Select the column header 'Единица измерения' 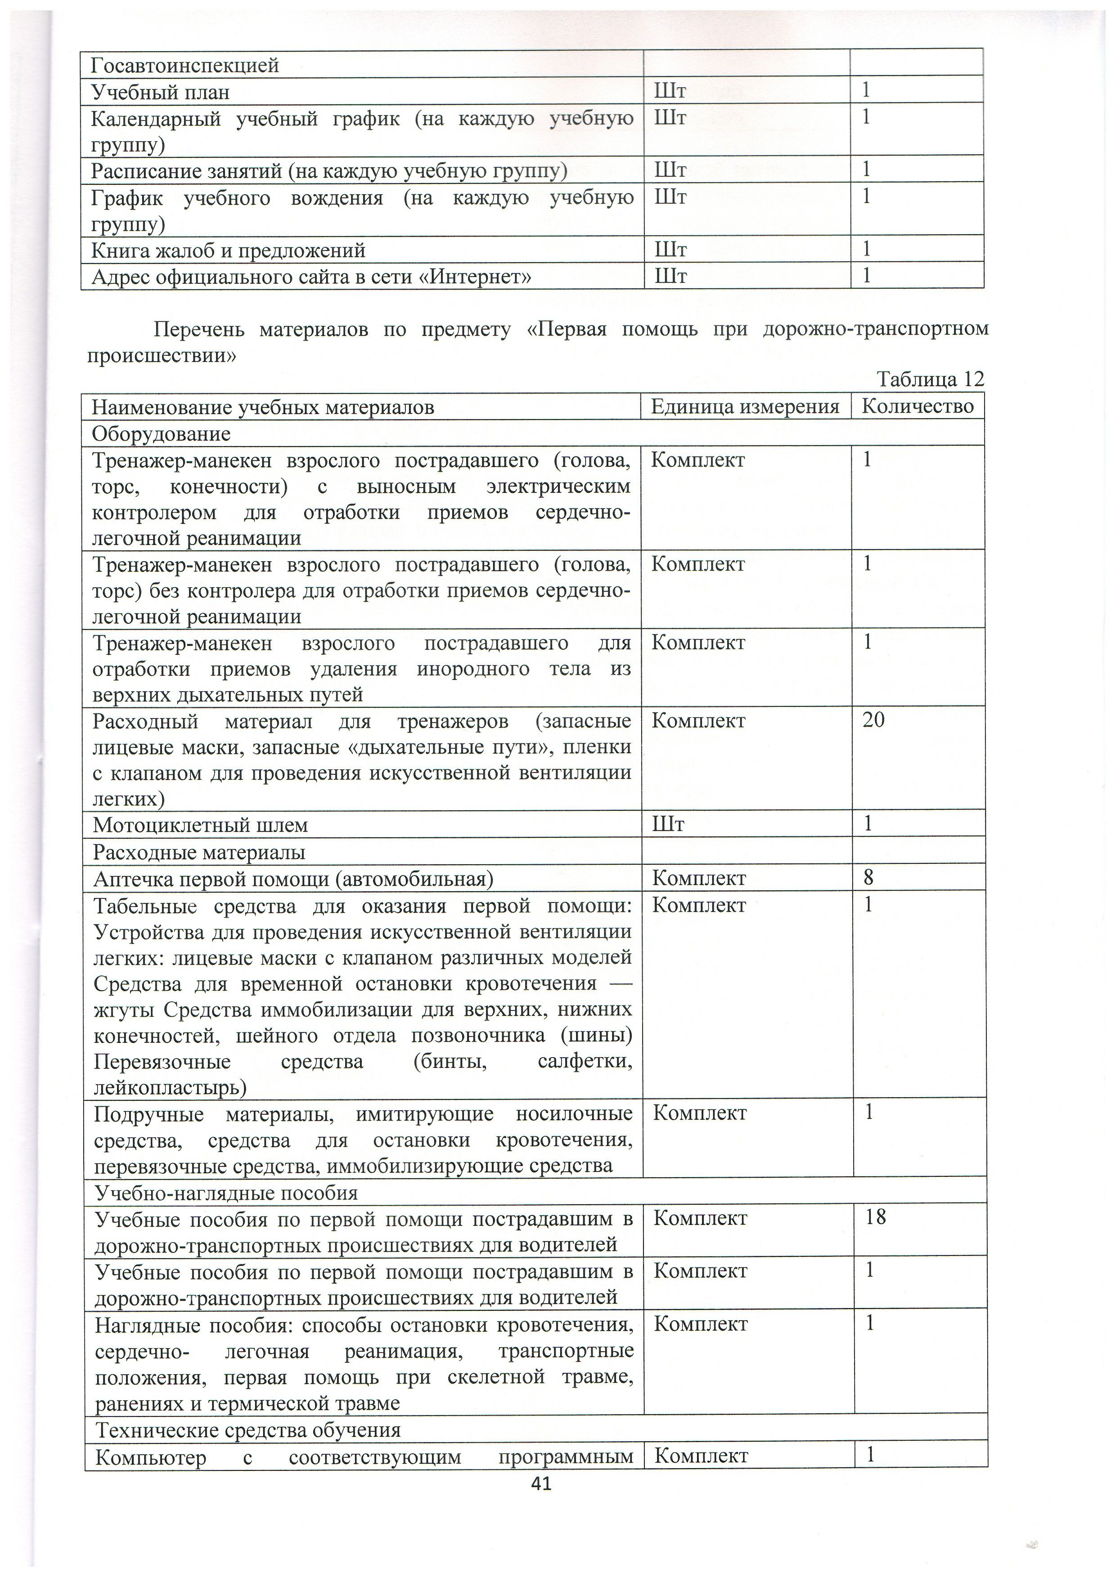point(745,407)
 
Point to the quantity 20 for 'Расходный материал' point(873,720)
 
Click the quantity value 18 point(876,1218)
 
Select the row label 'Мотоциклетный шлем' point(200,825)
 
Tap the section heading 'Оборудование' point(162,434)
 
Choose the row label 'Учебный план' point(161,92)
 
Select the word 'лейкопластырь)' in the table point(171,1088)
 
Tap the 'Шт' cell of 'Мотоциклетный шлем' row point(668,824)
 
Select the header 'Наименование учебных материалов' point(263,408)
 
